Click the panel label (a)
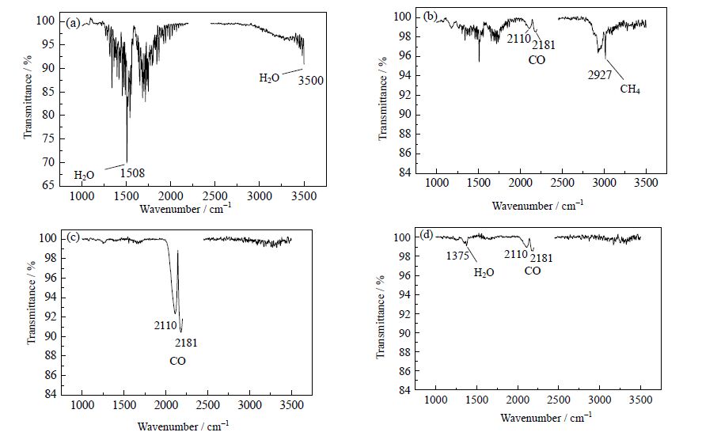tap(74, 23)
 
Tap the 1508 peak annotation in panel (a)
tap(132, 173)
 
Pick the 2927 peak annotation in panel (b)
tap(599, 74)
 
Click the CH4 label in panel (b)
tap(630, 89)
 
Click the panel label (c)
tap(73, 237)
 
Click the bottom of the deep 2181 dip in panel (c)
tap(181, 332)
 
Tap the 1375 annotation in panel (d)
tap(458, 255)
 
